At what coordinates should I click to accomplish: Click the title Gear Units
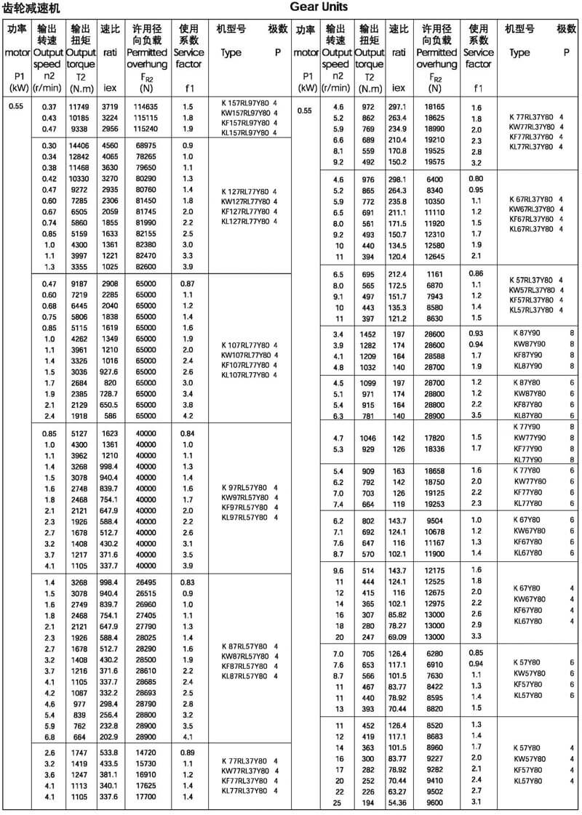click(319, 7)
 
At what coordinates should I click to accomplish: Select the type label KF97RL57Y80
click(245, 506)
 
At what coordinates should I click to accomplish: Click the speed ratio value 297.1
click(398, 107)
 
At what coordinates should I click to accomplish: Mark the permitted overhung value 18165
click(435, 107)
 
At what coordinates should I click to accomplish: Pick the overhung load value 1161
click(435, 274)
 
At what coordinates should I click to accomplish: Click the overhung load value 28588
click(435, 357)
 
